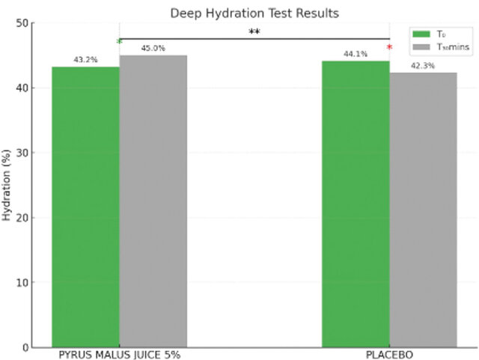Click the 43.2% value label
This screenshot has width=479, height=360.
point(85,60)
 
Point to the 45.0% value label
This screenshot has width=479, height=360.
point(153,49)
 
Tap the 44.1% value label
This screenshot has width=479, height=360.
point(356,53)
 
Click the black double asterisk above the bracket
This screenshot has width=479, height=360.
point(254,32)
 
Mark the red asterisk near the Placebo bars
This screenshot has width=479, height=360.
point(389,49)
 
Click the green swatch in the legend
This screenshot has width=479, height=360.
point(420,33)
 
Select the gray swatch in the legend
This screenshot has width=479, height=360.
point(420,47)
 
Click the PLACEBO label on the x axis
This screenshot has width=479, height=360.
point(389,353)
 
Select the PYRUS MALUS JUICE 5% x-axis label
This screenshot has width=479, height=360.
point(119,353)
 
